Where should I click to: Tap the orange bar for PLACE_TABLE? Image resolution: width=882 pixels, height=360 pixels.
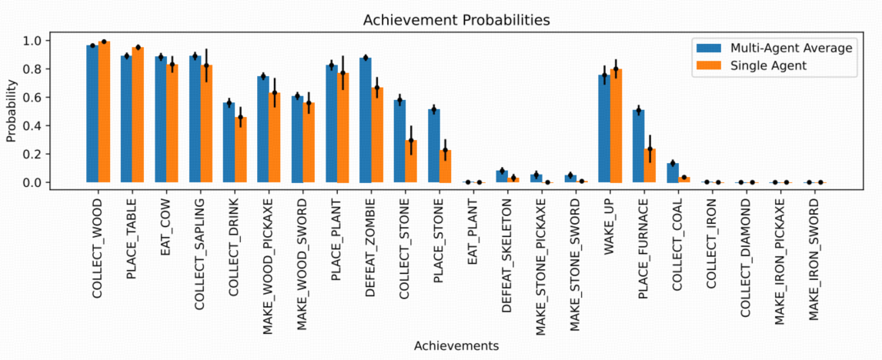coord(138,115)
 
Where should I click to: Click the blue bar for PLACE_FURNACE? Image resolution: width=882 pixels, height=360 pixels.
coord(638,146)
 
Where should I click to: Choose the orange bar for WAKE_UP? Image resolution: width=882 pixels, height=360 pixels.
coord(616,126)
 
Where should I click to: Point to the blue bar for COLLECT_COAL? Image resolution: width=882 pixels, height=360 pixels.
coord(673,173)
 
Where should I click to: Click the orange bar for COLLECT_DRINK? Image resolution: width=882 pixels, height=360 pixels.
coord(241,150)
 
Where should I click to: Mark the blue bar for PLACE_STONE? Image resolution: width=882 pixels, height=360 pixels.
coord(434,146)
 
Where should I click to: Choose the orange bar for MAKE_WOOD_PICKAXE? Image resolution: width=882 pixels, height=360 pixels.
coord(275,138)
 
